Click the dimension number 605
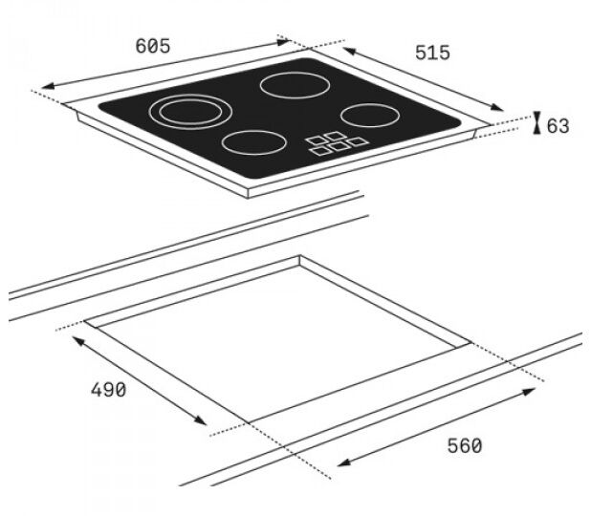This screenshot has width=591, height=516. [x=153, y=46]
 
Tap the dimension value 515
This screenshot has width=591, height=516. [x=432, y=53]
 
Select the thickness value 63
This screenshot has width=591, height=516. [x=558, y=126]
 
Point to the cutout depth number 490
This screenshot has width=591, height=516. [x=109, y=390]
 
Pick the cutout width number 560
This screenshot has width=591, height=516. [x=465, y=446]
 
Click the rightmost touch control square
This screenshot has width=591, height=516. [x=358, y=141]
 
